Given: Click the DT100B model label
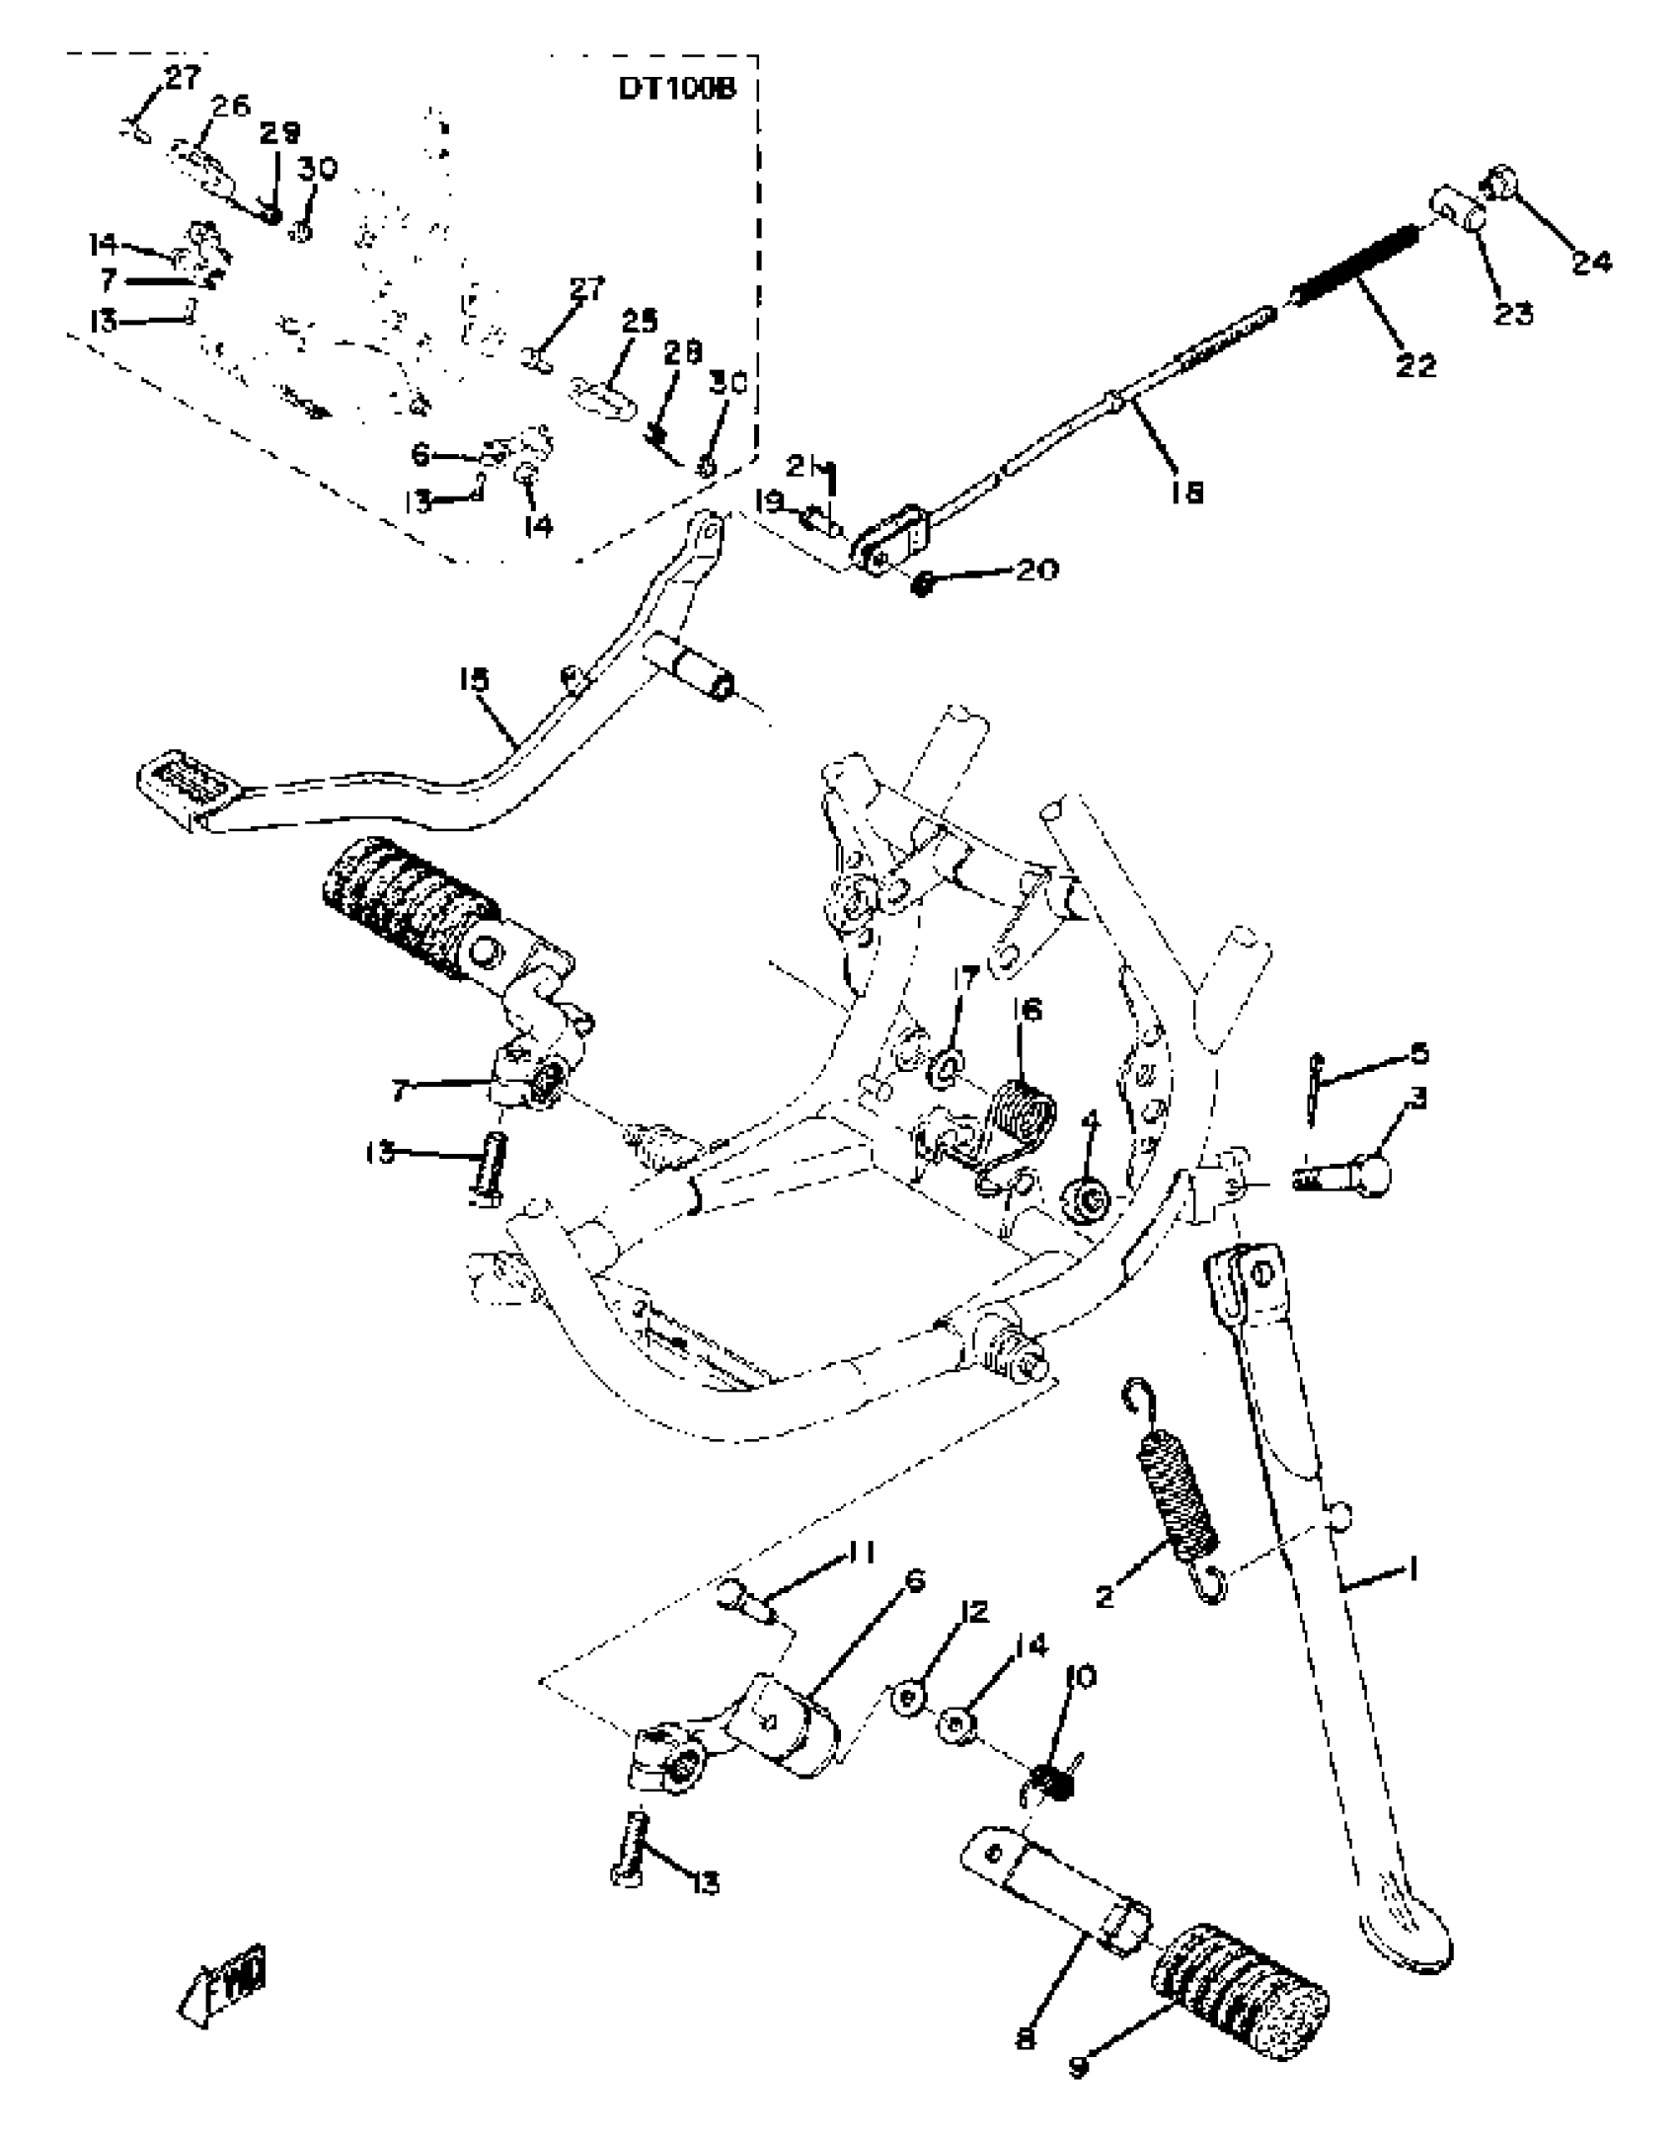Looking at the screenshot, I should pos(677,88).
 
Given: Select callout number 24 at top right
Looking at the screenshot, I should pos(1591,262).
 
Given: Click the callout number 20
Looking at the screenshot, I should pos(1037,570).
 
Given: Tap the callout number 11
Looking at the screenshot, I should pos(861,1553).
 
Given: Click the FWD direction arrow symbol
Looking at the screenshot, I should pos(225,1984).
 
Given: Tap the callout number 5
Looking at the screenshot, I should pos(1418,1053).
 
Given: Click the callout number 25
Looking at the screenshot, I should pos(639,323).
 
